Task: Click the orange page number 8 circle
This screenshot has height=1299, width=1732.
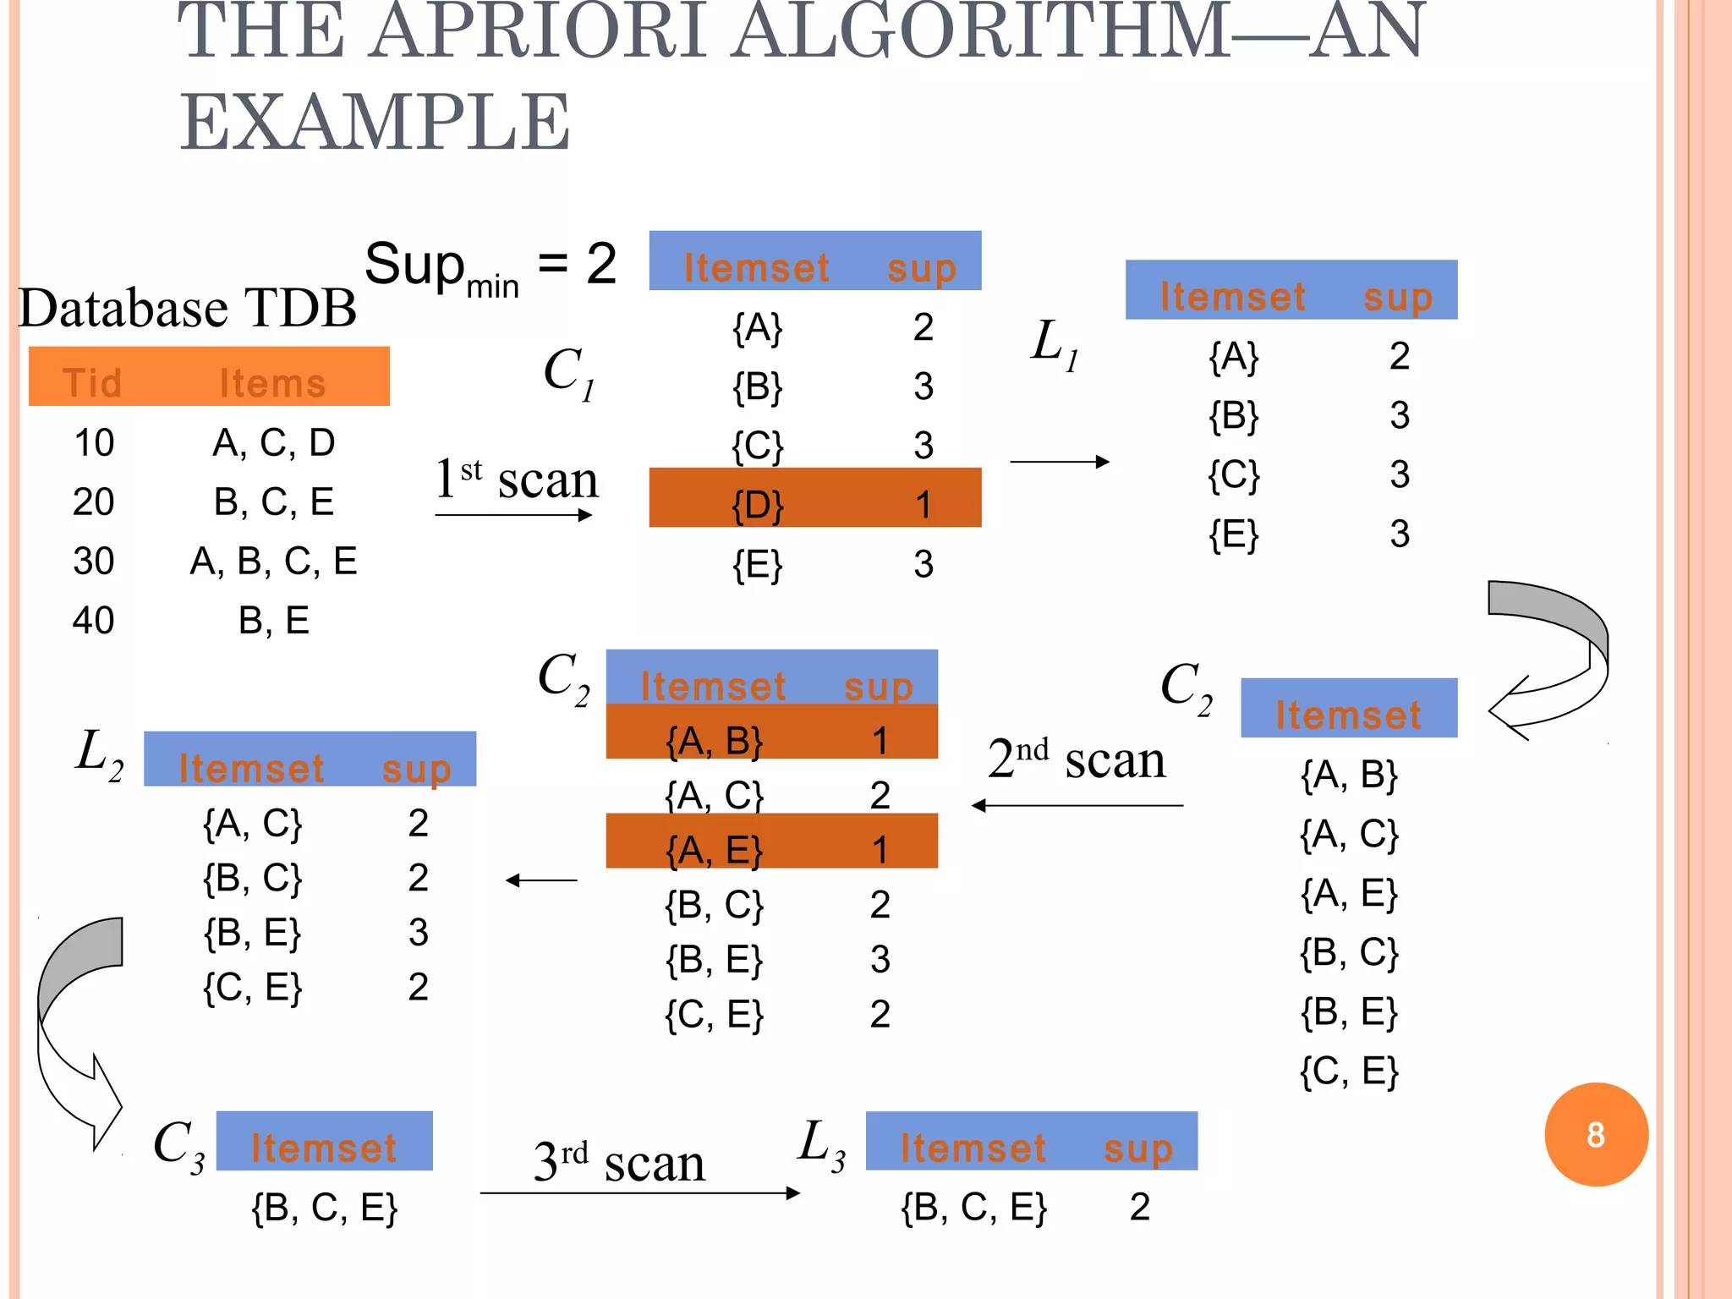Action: click(1595, 1134)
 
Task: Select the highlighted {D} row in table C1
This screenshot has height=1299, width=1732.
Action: click(814, 498)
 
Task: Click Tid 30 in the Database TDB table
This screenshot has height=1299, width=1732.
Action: click(93, 561)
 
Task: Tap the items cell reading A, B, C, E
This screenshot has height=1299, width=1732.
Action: click(273, 561)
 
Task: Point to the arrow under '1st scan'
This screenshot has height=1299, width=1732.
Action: click(513, 515)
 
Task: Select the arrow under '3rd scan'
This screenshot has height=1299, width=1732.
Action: click(639, 1193)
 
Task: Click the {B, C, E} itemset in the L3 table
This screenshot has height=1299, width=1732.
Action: click(973, 1207)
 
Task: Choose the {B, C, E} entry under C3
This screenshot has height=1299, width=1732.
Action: click(324, 1208)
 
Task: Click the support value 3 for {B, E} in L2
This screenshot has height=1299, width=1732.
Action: click(418, 932)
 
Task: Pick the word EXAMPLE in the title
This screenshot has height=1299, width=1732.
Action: click(375, 123)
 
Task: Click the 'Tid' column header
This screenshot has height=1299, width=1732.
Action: click(92, 383)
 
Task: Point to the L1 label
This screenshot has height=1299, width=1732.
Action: click(1054, 344)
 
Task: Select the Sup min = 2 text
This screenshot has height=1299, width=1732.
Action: click(490, 266)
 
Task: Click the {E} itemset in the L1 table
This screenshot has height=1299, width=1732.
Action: click(1233, 534)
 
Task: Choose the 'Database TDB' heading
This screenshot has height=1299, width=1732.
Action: click(188, 307)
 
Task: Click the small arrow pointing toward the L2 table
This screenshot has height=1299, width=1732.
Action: click(541, 880)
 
